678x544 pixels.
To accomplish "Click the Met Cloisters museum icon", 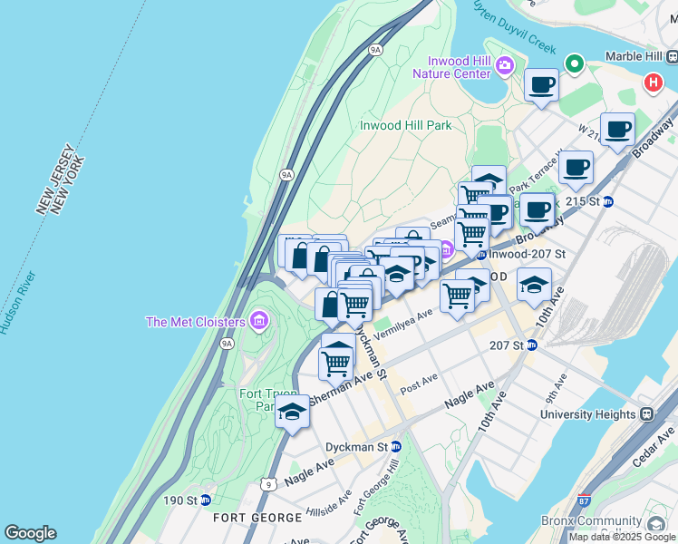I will [x=260, y=321].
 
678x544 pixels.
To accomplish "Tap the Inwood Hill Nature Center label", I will [x=453, y=66].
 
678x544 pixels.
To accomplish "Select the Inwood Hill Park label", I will [x=405, y=125].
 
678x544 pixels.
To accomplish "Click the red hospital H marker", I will [x=652, y=83].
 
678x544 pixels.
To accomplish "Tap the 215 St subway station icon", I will [x=608, y=201].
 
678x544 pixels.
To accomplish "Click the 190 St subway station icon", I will [x=206, y=500].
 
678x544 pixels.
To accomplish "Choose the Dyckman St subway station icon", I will [x=395, y=447].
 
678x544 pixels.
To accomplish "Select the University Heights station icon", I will [x=646, y=414].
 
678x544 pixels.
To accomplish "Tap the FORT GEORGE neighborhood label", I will [x=257, y=518].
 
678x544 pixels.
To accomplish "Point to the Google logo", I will [x=30, y=533].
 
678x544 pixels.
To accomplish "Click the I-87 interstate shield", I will [x=584, y=500].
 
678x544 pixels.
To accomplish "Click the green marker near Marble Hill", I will [x=573, y=64].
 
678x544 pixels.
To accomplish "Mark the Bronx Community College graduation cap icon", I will [x=655, y=523].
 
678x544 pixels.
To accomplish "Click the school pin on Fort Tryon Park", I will [x=292, y=411].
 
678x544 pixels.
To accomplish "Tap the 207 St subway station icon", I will [x=532, y=345].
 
